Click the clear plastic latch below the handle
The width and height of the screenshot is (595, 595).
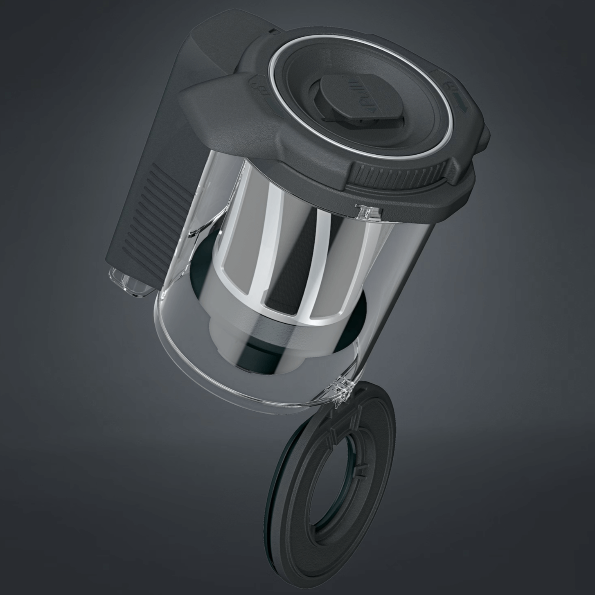point(130,282)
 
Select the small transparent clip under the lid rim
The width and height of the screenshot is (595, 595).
point(364,212)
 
